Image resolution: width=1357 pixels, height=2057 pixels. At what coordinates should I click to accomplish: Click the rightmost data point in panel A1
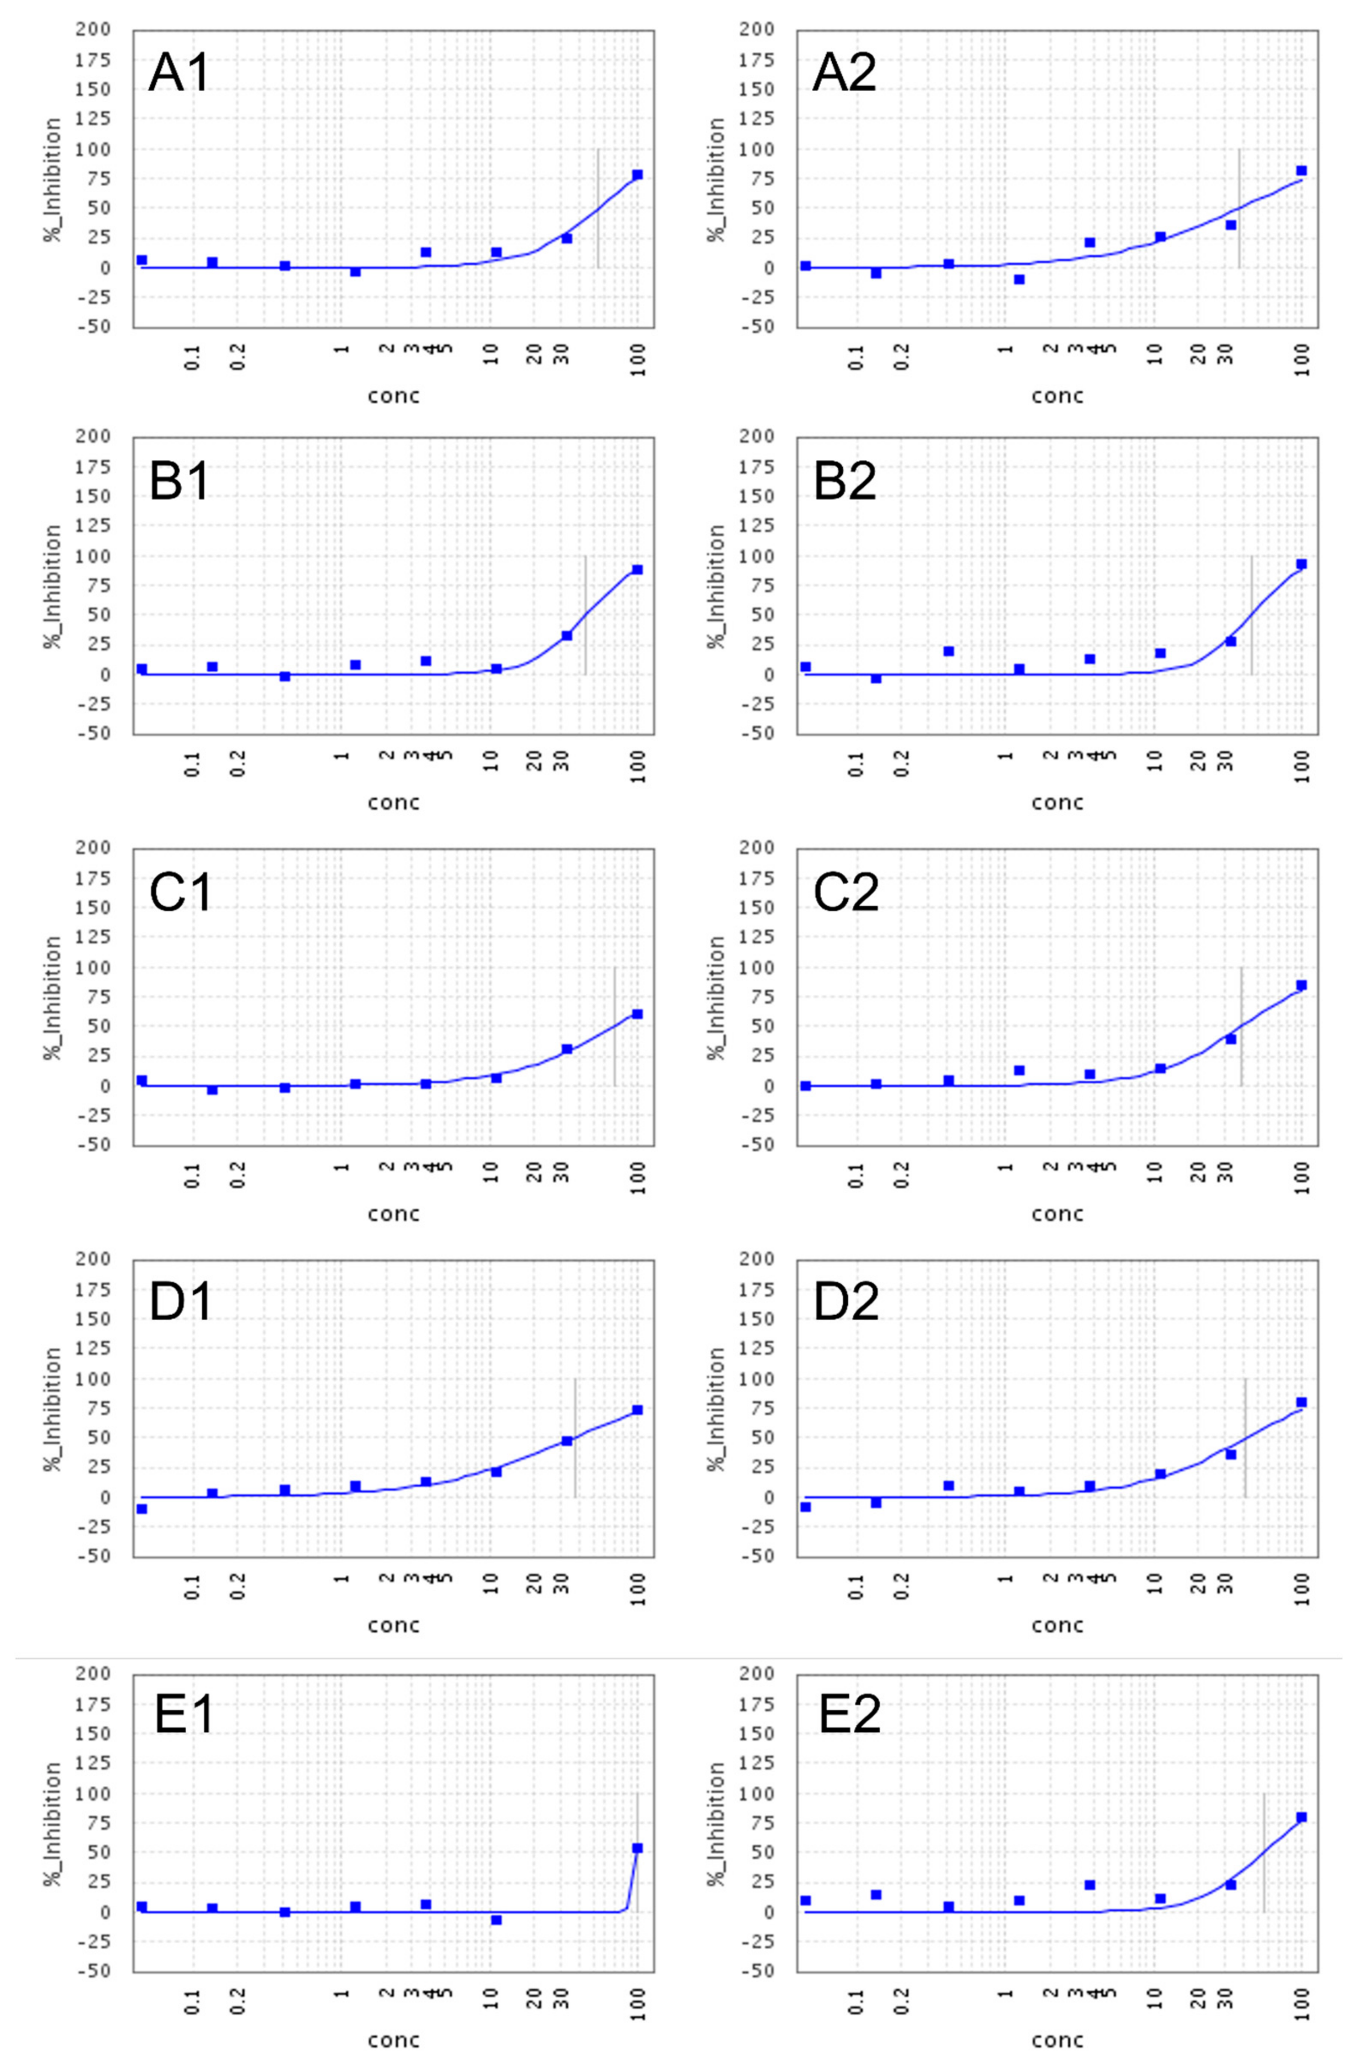click(638, 175)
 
